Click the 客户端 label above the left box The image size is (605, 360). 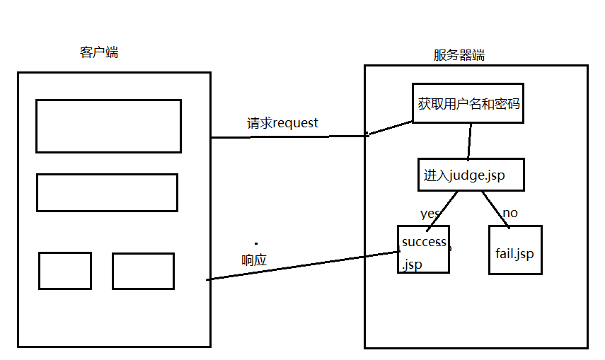pyautogui.click(x=99, y=52)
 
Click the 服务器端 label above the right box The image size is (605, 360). pyautogui.click(x=459, y=55)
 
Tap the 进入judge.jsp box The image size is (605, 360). pyautogui.click(x=471, y=175)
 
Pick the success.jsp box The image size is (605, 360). pyautogui.click(x=423, y=250)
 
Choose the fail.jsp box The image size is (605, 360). pyautogui.click(x=515, y=250)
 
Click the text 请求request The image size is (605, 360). pyautogui.click(x=282, y=123)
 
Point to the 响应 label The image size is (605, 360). pyautogui.click(x=254, y=260)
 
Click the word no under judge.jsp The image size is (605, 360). pyautogui.click(x=509, y=213)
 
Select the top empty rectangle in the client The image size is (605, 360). pyautogui.click(x=108, y=126)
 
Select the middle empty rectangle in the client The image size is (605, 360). pyautogui.click(x=107, y=192)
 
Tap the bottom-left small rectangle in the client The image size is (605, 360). pyautogui.click(x=65, y=271)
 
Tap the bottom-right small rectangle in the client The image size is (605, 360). pyautogui.click(x=143, y=271)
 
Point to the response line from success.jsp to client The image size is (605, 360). pyautogui.click(x=297, y=266)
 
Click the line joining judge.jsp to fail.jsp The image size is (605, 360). pyautogui.click(x=495, y=209)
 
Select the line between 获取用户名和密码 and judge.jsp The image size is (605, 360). pyautogui.click(x=468, y=141)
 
